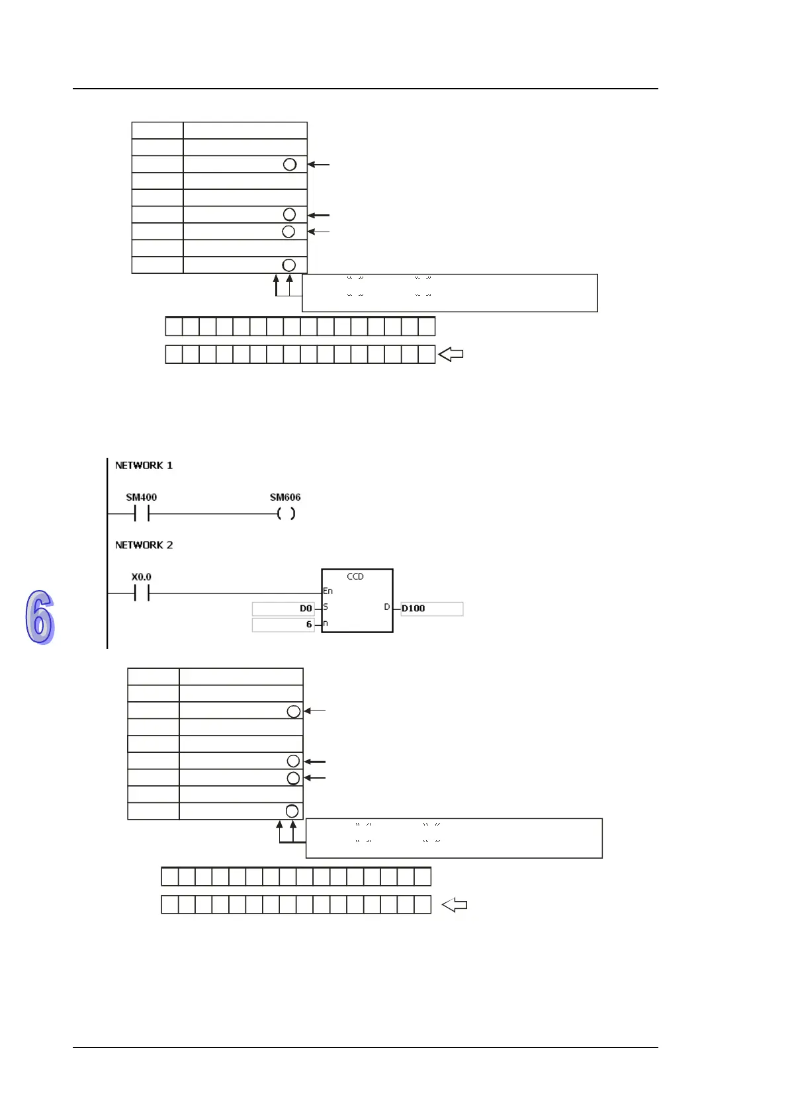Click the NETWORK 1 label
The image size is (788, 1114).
coord(144,466)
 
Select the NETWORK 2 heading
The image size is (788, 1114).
coord(144,545)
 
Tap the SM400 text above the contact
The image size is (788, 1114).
coord(141,497)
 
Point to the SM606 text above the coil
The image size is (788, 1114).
coord(285,497)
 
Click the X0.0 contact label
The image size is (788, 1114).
coord(141,577)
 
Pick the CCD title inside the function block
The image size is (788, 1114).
coord(355,577)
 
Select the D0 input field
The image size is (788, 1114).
coord(283,609)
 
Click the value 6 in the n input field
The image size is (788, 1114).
coord(308,624)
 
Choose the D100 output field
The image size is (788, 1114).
coord(431,609)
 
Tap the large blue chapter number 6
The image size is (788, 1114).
coord(40,617)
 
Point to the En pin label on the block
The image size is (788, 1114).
coord(328,591)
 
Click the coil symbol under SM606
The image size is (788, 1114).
coord(286,513)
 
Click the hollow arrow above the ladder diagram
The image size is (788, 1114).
coord(451,355)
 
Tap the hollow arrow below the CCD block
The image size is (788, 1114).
coord(455,905)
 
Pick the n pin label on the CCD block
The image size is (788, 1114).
coord(326,624)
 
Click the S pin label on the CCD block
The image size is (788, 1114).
coord(326,607)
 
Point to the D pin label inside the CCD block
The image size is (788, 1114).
coord(387,607)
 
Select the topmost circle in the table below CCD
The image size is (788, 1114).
coord(294,711)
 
